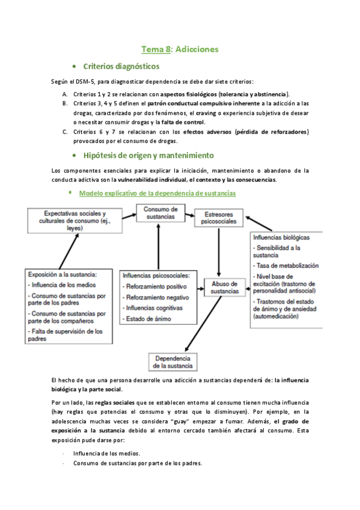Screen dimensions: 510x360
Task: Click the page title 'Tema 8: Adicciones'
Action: point(180,49)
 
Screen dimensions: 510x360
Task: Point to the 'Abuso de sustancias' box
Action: point(225,287)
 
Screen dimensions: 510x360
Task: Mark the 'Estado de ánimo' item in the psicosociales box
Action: point(148,319)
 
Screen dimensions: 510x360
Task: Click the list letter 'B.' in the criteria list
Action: point(64,103)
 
